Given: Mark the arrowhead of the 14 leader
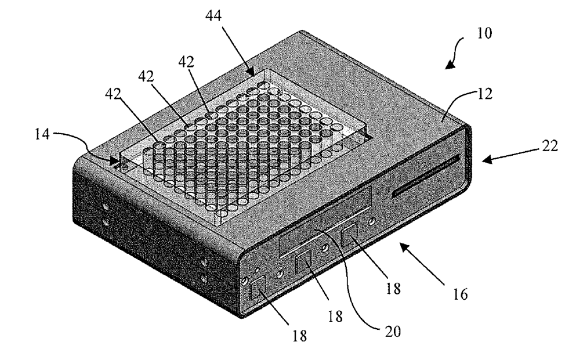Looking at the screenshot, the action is [x=119, y=159].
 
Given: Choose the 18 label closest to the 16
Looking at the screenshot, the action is [x=396, y=287].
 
